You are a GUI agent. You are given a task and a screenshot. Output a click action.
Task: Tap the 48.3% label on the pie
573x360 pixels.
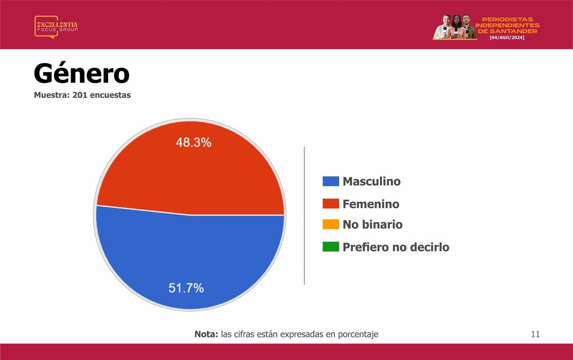click(x=193, y=142)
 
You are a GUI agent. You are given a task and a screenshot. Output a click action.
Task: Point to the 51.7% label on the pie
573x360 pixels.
click(x=186, y=288)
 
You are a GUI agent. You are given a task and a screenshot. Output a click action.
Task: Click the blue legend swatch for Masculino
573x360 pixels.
click(x=331, y=181)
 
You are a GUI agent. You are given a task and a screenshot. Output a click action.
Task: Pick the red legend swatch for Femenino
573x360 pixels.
click(x=331, y=204)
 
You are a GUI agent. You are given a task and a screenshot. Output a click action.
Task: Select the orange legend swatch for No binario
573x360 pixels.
click(x=331, y=224)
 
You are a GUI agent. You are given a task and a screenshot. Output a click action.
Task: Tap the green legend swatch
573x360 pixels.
click(x=331, y=247)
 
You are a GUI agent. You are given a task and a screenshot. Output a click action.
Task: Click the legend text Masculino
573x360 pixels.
click(x=372, y=181)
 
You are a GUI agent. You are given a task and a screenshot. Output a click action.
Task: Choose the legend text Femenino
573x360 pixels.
click(x=371, y=204)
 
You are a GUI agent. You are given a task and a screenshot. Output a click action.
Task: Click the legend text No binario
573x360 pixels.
click(x=372, y=224)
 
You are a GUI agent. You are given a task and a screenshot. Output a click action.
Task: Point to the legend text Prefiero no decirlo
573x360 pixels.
click(x=396, y=247)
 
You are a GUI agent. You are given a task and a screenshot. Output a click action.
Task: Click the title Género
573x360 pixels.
click(x=81, y=74)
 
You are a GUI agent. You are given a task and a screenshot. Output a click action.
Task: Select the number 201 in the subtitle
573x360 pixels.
click(x=80, y=95)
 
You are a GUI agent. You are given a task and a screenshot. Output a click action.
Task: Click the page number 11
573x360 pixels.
click(x=535, y=334)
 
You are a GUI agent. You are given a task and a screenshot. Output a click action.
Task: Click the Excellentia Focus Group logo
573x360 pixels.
click(x=56, y=27)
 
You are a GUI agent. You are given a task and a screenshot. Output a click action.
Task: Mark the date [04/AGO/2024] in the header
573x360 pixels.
click(x=507, y=38)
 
